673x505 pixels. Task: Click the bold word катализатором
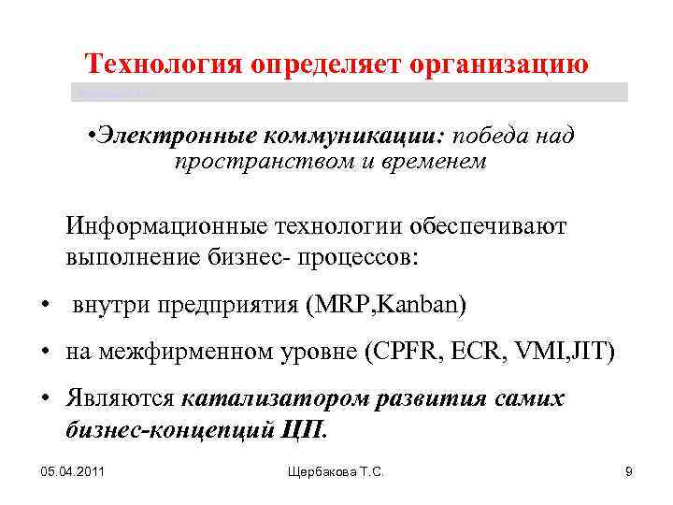coord(272,399)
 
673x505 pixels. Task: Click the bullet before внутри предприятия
coord(45,306)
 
